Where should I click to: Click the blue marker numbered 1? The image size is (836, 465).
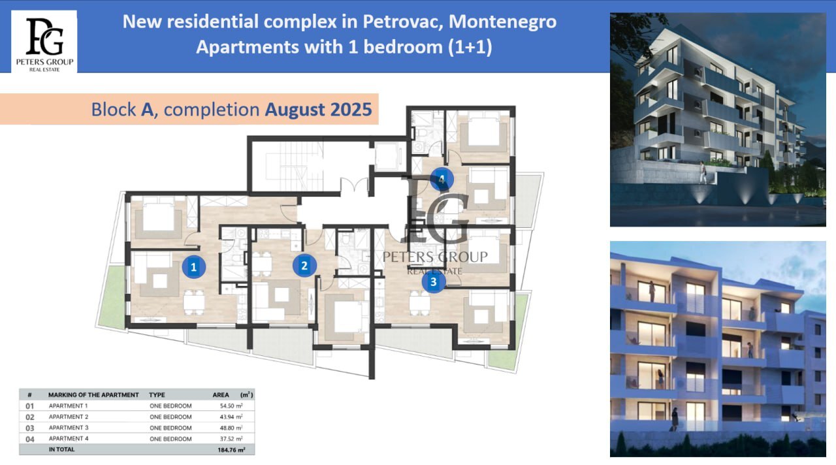tap(194, 267)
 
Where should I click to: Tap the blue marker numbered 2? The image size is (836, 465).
tap(304, 266)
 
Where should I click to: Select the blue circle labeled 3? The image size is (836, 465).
tap(433, 281)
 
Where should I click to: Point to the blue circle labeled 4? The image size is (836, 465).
tap(442, 180)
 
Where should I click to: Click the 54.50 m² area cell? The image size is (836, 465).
tap(231, 406)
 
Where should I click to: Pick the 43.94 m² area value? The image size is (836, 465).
tap(231, 417)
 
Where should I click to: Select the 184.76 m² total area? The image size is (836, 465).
tap(231, 450)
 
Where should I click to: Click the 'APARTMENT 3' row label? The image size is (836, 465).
tap(69, 428)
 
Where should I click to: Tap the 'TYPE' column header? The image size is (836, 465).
tap(157, 395)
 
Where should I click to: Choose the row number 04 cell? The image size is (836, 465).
tap(30, 439)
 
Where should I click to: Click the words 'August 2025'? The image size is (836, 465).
tap(318, 109)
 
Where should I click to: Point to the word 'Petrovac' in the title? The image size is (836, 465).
tap(403, 22)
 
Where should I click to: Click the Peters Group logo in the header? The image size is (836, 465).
tap(44, 42)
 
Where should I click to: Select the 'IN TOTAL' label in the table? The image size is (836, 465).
tap(61, 449)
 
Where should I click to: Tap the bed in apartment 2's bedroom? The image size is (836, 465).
tap(348, 317)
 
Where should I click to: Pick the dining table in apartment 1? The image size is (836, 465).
tap(194, 302)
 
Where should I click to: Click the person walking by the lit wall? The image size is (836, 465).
tap(703, 172)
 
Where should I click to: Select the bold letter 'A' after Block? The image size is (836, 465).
tap(148, 110)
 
